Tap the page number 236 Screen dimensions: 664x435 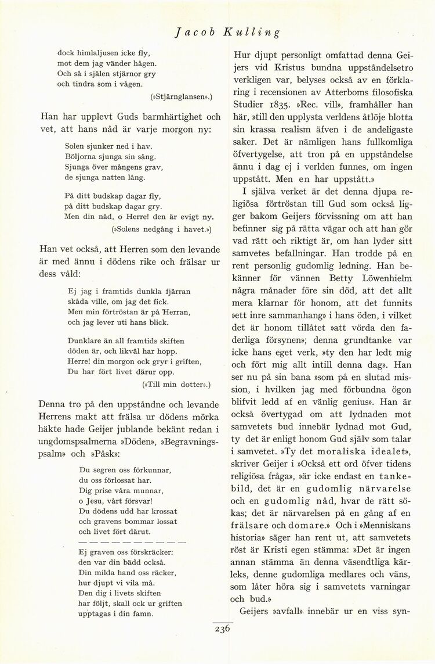pyautogui.click(x=222, y=629)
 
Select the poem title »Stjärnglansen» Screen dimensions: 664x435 pyautogui.click(x=182, y=95)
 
